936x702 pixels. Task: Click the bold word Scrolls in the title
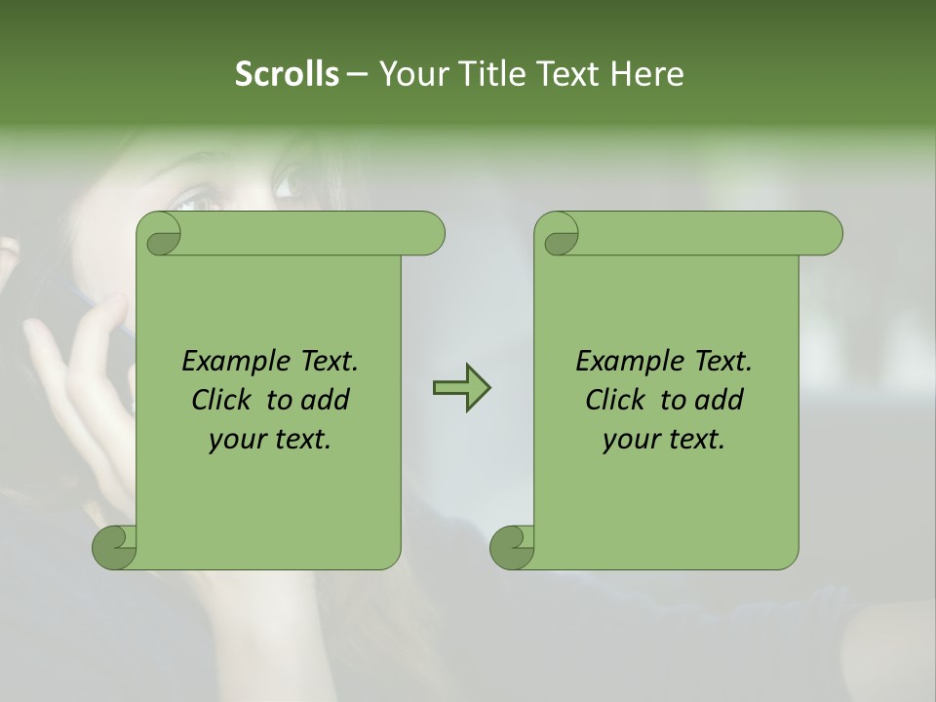click(288, 74)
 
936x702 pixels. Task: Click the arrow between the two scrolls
click(461, 388)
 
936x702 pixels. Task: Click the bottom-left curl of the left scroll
click(114, 548)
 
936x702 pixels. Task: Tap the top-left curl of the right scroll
click(559, 234)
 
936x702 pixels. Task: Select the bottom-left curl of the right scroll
click(512, 548)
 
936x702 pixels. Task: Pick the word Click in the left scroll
click(224, 400)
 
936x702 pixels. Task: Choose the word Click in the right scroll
click(618, 400)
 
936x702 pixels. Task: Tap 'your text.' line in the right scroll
click(664, 440)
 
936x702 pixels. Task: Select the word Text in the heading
click(566, 74)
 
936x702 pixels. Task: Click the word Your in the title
click(410, 74)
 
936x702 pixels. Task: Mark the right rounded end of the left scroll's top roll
click(429, 234)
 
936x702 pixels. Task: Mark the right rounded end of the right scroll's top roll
click(827, 234)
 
